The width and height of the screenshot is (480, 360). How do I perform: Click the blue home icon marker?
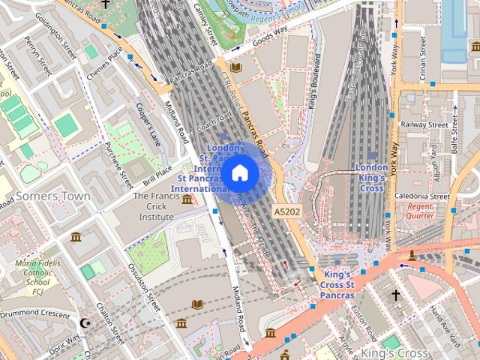(240, 173)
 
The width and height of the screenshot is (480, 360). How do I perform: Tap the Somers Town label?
(52, 196)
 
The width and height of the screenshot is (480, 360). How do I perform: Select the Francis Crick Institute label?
(154, 206)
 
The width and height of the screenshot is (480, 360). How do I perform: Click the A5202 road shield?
(288, 212)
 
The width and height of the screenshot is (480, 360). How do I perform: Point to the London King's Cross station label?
(370, 178)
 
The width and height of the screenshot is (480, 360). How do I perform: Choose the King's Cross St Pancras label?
(328, 285)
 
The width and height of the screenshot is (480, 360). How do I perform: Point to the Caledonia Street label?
(421, 196)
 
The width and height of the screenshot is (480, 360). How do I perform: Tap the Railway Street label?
(424, 124)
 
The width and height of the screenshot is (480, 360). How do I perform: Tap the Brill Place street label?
(159, 175)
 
